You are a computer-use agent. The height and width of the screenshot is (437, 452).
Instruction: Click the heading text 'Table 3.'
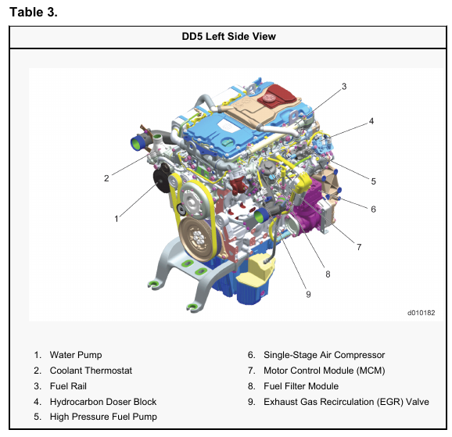click(x=34, y=12)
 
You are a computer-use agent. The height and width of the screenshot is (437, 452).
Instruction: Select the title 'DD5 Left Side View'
click(x=228, y=36)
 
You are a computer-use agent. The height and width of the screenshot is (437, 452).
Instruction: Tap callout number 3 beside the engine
click(x=344, y=87)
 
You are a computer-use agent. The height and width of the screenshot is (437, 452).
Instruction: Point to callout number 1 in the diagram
click(x=117, y=219)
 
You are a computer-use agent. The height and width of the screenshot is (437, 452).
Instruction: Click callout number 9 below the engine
click(x=308, y=294)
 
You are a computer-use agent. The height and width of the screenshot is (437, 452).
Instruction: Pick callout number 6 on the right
click(x=373, y=209)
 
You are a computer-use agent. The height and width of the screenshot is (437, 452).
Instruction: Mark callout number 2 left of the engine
click(x=106, y=178)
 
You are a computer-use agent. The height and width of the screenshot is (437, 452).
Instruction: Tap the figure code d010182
click(x=422, y=313)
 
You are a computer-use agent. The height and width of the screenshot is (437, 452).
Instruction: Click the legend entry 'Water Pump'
click(x=76, y=355)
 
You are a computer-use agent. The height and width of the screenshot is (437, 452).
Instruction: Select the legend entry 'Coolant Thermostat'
click(x=91, y=371)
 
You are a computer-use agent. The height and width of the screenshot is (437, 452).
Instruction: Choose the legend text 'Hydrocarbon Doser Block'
click(x=103, y=402)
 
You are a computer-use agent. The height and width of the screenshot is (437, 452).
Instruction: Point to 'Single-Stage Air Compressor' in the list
click(x=325, y=355)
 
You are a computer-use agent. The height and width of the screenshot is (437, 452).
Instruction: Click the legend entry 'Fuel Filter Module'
click(x=301, y=386)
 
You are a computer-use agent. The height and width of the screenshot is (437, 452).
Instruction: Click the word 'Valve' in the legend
click(x=418, y=402)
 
